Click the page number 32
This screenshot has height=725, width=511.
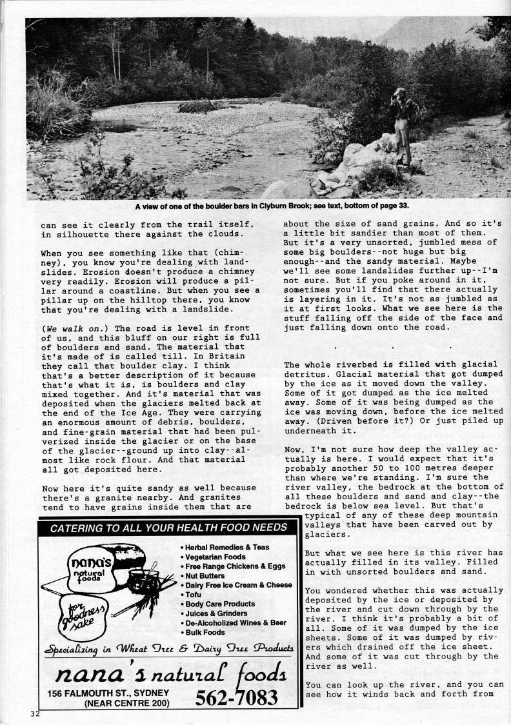pyautogui.click(x=34, y=713)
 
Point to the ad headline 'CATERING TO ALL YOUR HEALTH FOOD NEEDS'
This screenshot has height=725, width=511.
pyautogui.click(x=169, y=528)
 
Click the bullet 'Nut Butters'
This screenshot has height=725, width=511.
pyautogui.click(x=203, y=575)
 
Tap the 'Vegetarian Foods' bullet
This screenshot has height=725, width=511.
pyautogui.click(x=215, y=557)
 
